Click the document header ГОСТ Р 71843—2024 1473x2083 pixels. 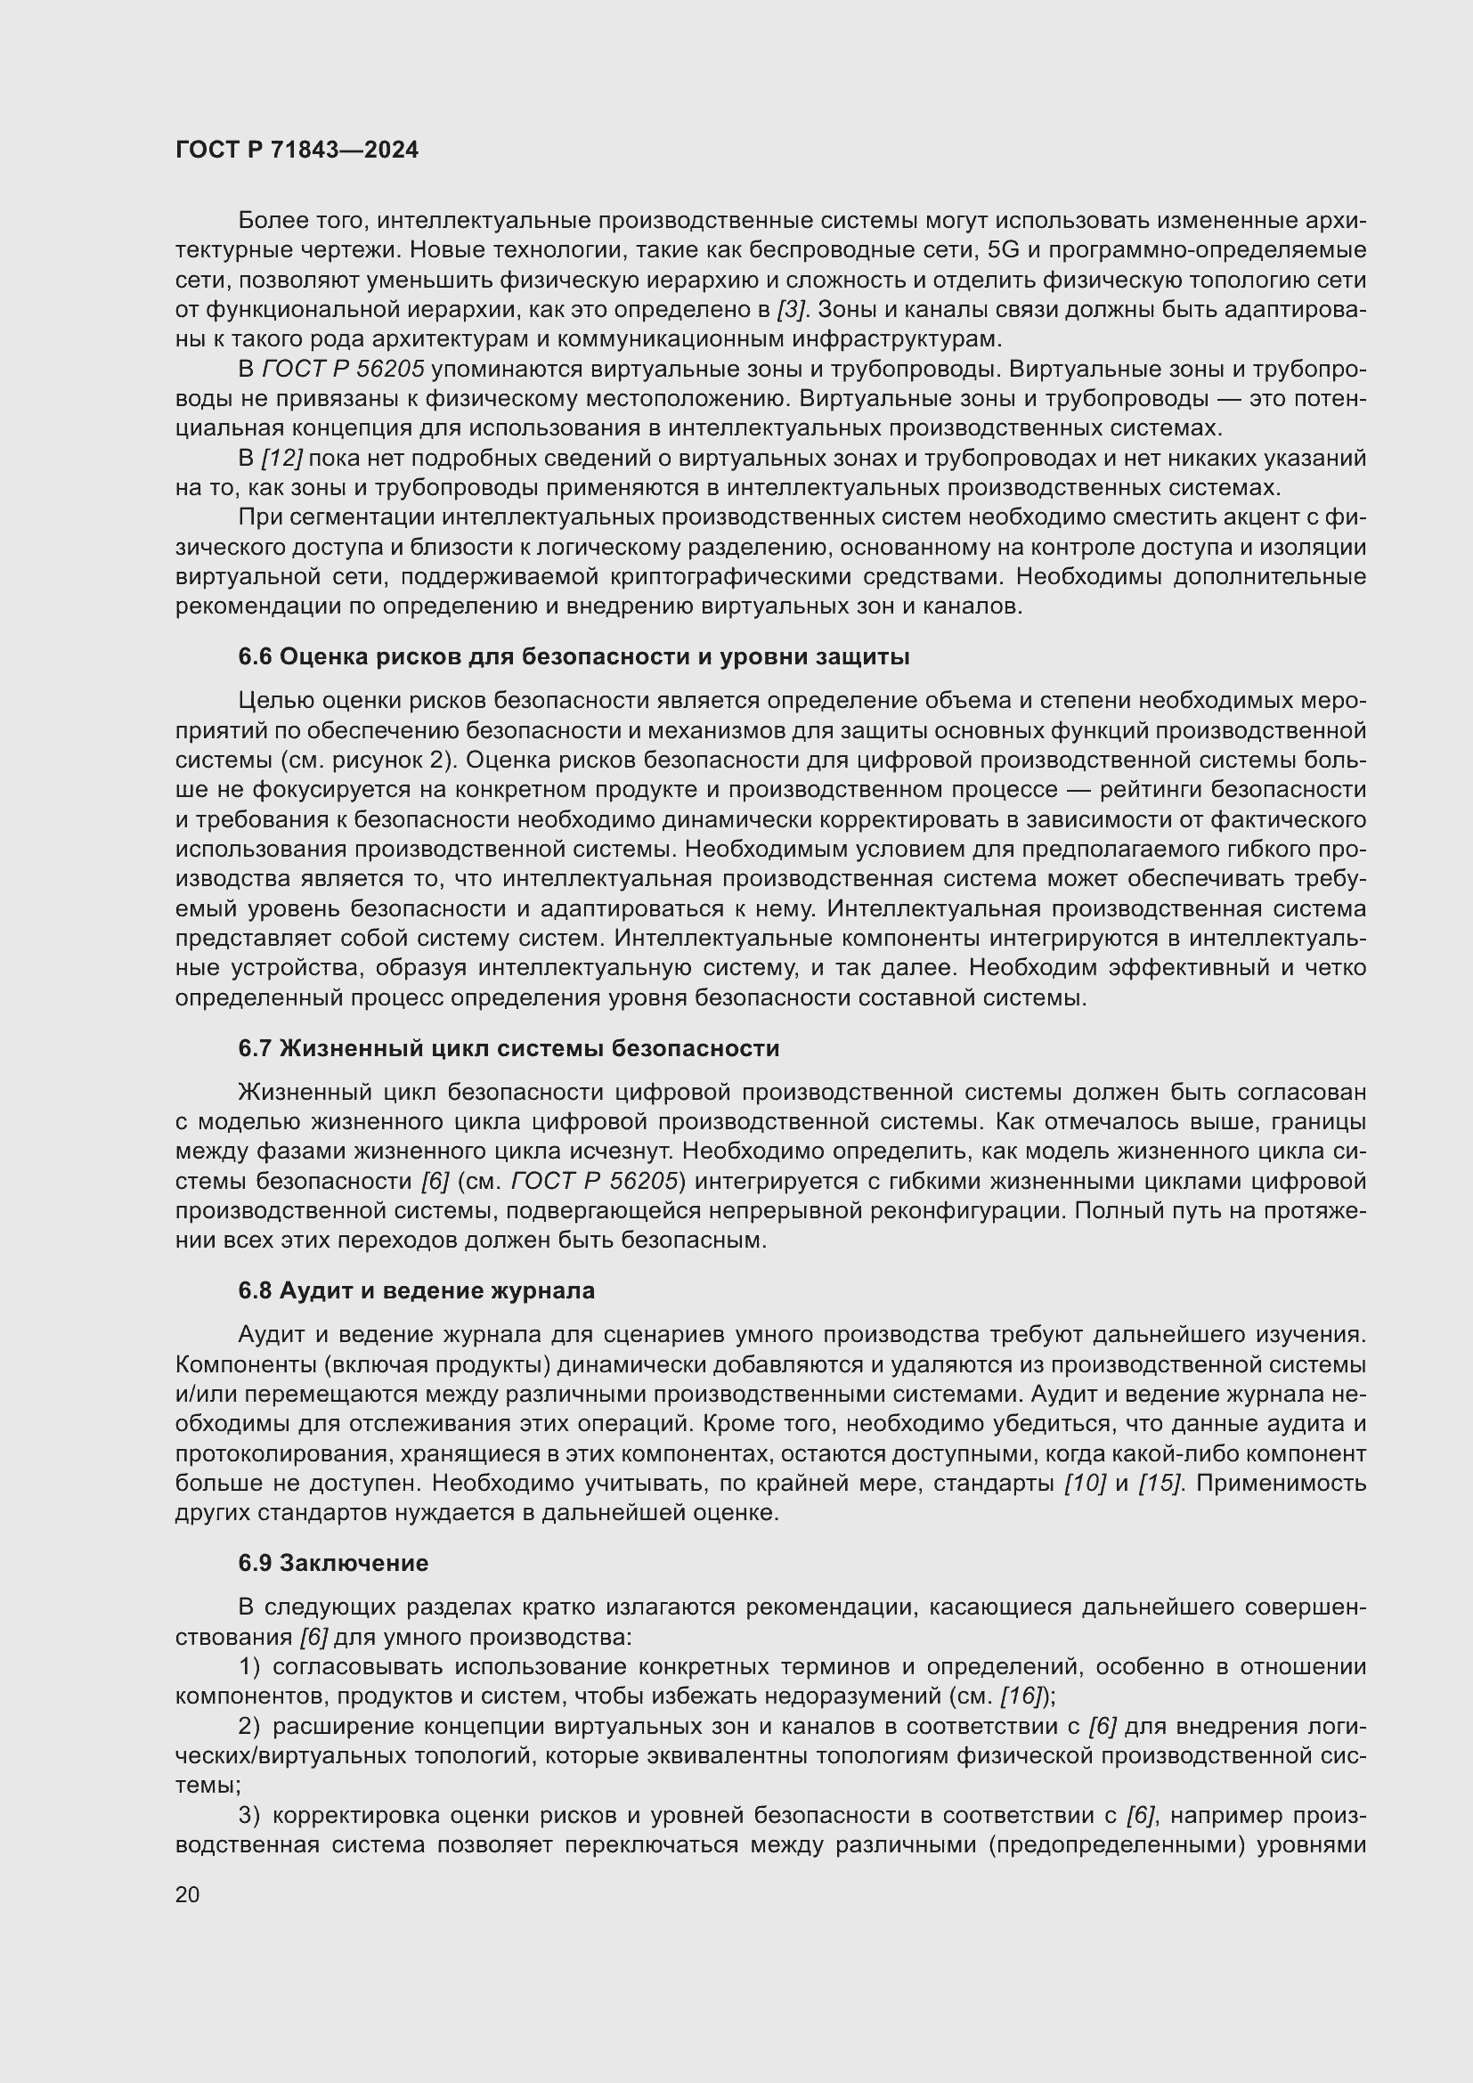pyautogui.click(x=297, y=151)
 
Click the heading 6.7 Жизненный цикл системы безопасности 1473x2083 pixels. pyautogui.click(x=508, y=1049)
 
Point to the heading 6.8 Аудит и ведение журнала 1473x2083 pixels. pyautogui.click(x=416, y=1291)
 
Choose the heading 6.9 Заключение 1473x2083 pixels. pyautogui.click(x=333, y=1563)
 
